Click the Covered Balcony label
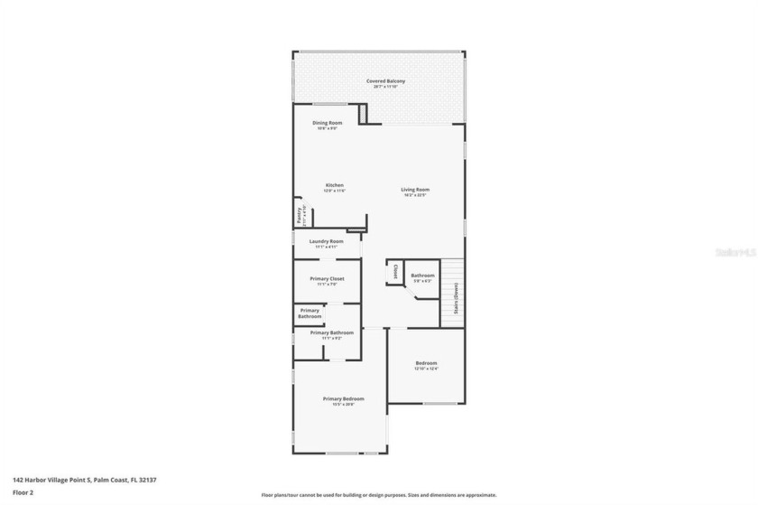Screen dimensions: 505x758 click(x=385, y=81)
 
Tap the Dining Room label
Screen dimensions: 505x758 click(x=327, y=123)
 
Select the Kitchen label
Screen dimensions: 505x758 click(x=335, y=185)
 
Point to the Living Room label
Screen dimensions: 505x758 click(x=416, y=190)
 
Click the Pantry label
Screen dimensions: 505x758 click(x=299, y=215)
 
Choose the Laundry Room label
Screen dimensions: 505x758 click(x=326, y=241)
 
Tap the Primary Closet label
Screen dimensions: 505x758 click(x=326, y=278)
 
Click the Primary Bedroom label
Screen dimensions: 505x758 click(x=344, y=398)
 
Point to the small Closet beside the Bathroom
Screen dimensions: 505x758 click(x=395, y=271)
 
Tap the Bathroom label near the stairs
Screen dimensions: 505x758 click(x=422, y=276)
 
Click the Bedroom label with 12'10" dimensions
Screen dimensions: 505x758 click(x=426, y=363)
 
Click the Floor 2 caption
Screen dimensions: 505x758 click(x=23, y=492)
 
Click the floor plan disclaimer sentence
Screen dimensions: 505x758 click(x=379, y=495)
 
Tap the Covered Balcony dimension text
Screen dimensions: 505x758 click(x=385, y=87)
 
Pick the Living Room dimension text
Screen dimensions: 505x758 click(x=416, y=195)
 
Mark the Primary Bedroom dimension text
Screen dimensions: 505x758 click(x=344, y=404)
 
